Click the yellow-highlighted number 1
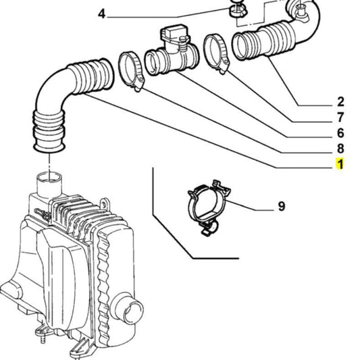click(340, 164)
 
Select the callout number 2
click(340, 102)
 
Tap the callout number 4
click(101, 14)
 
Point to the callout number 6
click(340, 133)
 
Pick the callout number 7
click(340, 118)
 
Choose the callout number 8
click(340, 149)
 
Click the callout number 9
click(281, 207)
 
